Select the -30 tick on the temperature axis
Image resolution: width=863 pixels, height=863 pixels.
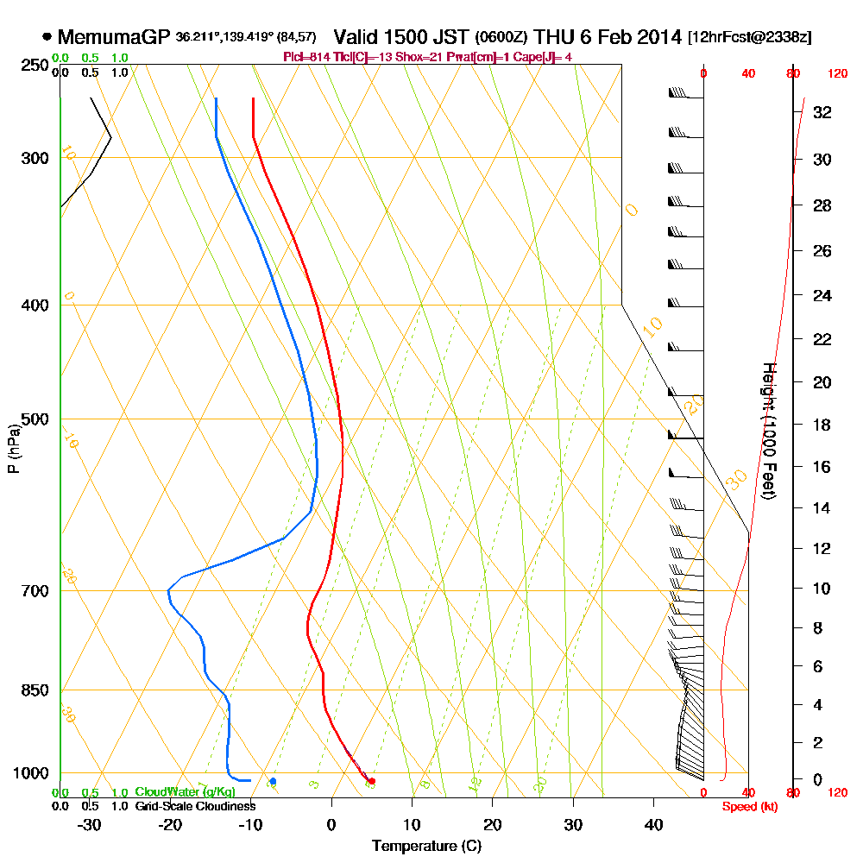click(89, 825)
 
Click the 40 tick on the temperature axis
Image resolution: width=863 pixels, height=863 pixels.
click(653, 825)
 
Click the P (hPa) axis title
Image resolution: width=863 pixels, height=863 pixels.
click(13, 448)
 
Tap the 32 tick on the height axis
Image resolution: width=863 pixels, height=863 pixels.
click(822, 111)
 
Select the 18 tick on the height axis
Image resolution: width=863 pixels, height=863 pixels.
click(822, 425)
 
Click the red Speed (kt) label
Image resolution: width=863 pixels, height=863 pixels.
click(746, 807)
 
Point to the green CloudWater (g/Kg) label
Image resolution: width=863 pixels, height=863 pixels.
click(185, 792)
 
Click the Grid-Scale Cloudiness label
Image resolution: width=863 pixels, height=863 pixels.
click(194, 806)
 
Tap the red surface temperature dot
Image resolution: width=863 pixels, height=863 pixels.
click(372, 781)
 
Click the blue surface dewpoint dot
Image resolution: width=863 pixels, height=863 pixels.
click(273, 781)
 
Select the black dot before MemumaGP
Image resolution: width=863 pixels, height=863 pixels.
click(47, 37)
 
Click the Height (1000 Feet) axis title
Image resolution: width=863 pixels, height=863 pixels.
click(768, 431)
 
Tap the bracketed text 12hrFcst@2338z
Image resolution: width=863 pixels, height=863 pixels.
click(749, 37)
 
